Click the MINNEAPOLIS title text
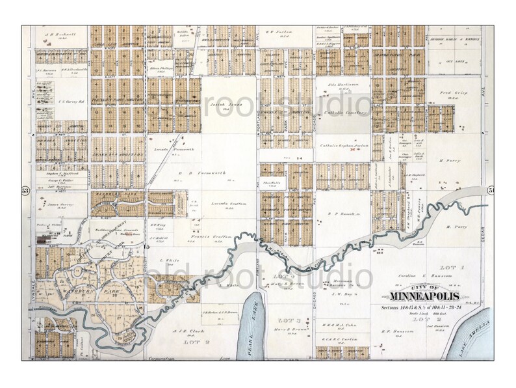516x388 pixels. point(422,299)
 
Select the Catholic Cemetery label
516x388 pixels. point(344,113)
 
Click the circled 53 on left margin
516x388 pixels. point(26,190)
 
